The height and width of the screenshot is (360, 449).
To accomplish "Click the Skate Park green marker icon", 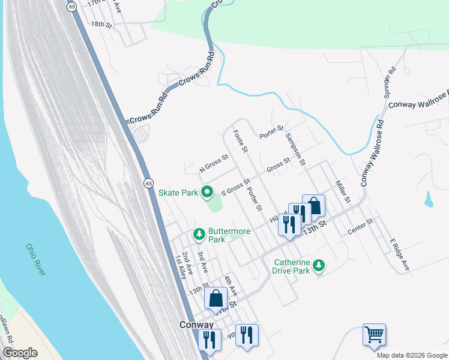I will point(208,193).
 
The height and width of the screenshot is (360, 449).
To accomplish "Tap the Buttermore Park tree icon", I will point(199,233).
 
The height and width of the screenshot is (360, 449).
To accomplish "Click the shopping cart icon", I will point(374,334).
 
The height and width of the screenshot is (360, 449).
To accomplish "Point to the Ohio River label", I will point(35,260).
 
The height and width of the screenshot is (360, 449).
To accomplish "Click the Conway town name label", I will point(196,325).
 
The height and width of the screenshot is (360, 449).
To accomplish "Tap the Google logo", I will point(20,353).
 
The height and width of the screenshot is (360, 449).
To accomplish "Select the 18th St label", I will point(101,25).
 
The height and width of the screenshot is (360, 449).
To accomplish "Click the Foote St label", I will point(240,141).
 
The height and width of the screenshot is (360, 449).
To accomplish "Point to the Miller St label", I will point(342,191).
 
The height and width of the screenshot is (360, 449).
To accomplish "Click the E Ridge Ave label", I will point(399,255).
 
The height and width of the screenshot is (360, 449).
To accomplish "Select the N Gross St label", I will point(214,164).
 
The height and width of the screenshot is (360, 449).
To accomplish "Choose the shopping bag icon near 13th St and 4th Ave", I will point(215,298).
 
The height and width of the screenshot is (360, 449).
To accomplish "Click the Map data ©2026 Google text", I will point(412,355).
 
